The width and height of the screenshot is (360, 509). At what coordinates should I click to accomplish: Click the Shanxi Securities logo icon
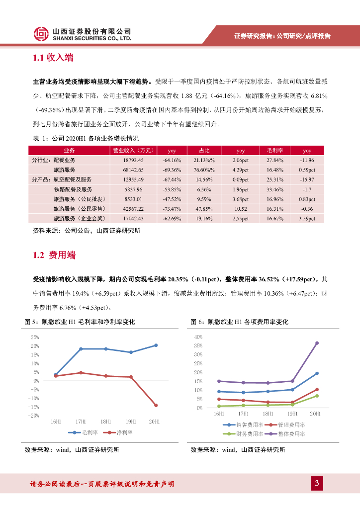tap(41, 33)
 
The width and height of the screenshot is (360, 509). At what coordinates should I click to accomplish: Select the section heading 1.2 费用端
tap(54, 255)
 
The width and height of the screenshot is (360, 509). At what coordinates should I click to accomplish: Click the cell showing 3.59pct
tap(307, 219)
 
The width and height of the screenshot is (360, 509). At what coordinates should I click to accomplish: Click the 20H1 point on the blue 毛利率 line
tap(156, 345)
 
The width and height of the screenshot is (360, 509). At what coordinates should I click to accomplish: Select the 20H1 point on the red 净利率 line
tap(156, 405)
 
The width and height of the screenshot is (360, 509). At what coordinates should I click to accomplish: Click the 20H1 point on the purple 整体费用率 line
tap(317, 343)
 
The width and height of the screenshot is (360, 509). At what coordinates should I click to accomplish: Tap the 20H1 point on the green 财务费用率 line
tap(317, 396)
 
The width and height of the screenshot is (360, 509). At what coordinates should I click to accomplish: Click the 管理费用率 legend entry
tap(288, 425)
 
